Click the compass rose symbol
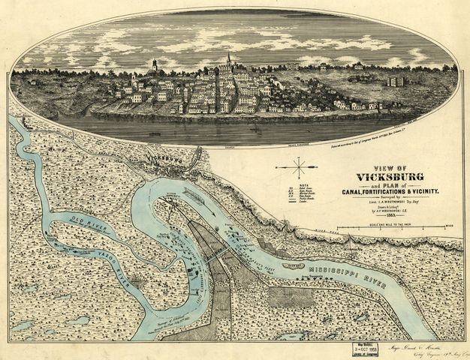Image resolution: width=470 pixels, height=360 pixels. point(300,166)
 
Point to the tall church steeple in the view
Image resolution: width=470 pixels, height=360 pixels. point(228,58)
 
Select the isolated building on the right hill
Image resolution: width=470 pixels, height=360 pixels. point(396,81)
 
